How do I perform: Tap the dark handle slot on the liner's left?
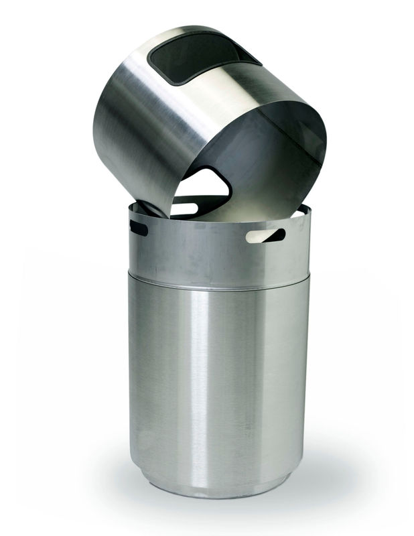coord(139,228)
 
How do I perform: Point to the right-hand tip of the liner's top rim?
coord(310,210)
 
